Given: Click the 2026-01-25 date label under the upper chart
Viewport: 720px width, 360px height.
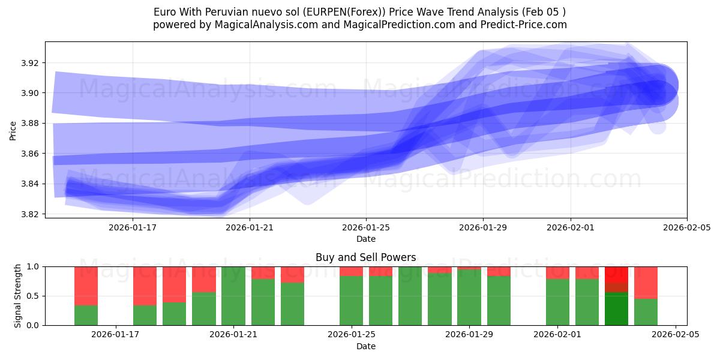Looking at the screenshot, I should [x=366, y=228].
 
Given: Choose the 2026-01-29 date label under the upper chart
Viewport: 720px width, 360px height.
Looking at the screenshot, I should [x=483, y=228].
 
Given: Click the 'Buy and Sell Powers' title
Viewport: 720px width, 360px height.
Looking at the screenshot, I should [x=366, y=257].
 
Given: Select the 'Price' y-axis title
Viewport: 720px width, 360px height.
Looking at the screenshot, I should [x=13, y=130].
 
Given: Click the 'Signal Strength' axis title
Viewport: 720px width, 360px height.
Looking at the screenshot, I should [x=18, y=296].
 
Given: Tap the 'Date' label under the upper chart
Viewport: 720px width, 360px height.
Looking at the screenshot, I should [x=366, y=239].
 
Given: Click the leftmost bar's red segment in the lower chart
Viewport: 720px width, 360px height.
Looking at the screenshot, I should [x=86, y=286].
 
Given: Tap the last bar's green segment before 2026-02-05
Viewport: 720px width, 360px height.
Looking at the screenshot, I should [x=646, y=312].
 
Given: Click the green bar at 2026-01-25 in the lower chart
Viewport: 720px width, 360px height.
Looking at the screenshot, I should [x=351, y=300].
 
